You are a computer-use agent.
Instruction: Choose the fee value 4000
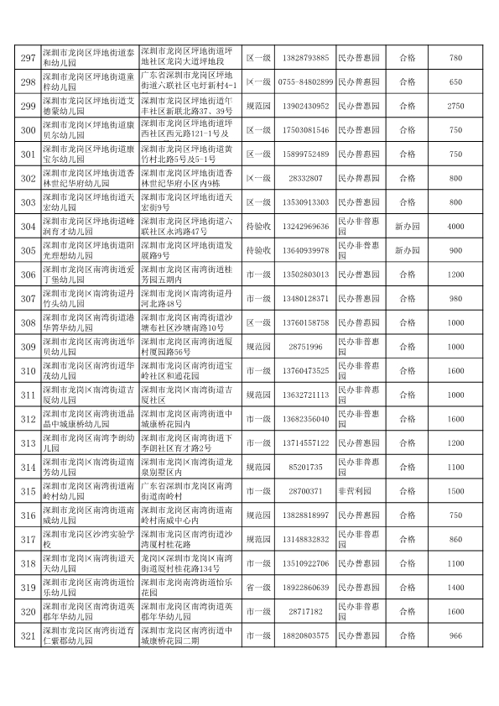pos(455,227)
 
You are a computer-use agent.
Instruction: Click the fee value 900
pos(455,251)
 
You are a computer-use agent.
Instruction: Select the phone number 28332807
pos(305,179)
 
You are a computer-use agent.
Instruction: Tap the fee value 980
pos(455,299)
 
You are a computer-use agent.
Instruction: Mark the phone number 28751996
pos(305,347)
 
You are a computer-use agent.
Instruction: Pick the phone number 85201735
pos(305,467)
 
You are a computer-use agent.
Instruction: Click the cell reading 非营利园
pos(359,491)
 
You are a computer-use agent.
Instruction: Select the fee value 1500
pos(455,491)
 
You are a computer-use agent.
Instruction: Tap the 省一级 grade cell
pos(257,588)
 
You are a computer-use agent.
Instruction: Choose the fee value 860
pos(455,539)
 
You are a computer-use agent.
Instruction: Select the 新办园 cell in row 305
pos(408,251)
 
